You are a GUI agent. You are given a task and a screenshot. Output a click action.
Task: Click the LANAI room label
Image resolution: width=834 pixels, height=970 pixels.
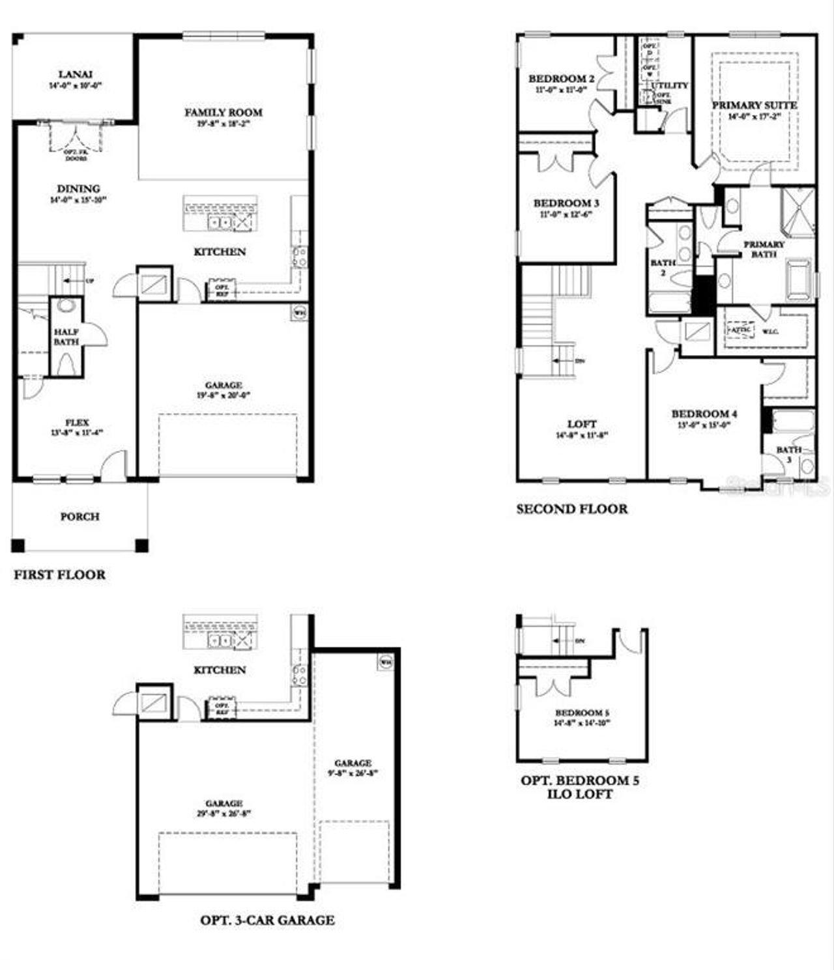(x=75, y=74)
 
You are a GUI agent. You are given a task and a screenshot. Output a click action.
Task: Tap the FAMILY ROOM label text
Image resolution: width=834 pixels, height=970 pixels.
(x=223, y=113)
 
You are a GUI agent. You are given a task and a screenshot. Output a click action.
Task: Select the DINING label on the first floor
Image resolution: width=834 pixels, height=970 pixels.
(x=78, y=189)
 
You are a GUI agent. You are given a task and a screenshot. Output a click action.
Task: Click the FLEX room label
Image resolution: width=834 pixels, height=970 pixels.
(x=77, y=423)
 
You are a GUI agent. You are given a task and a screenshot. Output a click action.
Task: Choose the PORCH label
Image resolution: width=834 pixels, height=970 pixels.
(x=79, y=517)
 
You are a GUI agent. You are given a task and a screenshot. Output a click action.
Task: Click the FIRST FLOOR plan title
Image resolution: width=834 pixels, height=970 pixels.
(x=59, y=575)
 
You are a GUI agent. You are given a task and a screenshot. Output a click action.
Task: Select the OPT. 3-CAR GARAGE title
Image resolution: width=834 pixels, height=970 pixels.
(x=267, y=920)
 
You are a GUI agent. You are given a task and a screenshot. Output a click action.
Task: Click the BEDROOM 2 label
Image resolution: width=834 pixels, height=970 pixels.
(x=561, y=79)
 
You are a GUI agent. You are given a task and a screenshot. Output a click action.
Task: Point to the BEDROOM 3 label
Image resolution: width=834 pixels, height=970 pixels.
(x=566, y=203)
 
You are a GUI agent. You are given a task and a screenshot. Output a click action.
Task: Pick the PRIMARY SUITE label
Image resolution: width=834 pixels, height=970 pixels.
(x=754, y=105)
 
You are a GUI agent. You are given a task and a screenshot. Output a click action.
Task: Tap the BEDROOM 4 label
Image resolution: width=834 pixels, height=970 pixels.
(x=704, y=414)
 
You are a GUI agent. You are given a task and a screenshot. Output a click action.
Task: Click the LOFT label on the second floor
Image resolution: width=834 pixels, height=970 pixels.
(x=581, y=423)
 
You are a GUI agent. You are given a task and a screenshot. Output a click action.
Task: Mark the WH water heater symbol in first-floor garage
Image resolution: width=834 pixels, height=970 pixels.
(x=299, y=312)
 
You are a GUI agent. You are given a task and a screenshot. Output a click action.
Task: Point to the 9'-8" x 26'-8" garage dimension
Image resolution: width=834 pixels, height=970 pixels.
(x=353, y=774)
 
